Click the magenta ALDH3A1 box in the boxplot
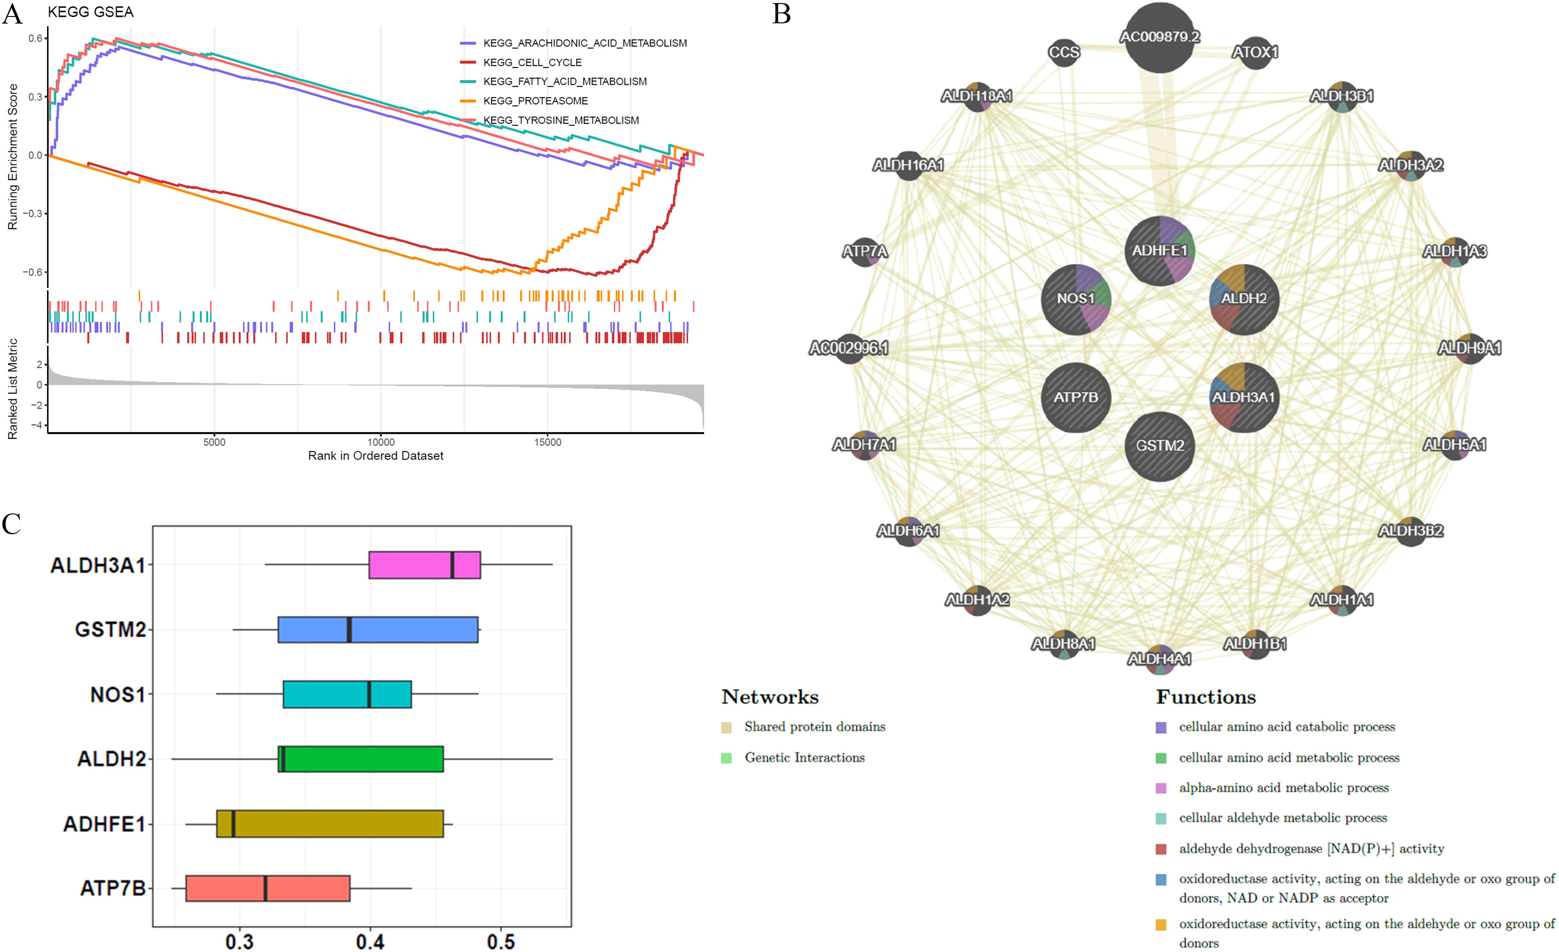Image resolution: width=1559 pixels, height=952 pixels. pos(424,564)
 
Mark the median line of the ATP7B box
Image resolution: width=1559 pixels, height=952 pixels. pos(265,888)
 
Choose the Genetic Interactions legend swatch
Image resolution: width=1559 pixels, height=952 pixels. pos(726,758)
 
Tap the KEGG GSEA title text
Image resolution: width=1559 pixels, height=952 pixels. pos(90,12)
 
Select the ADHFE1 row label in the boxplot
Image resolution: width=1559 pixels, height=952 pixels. pos(104,824)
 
